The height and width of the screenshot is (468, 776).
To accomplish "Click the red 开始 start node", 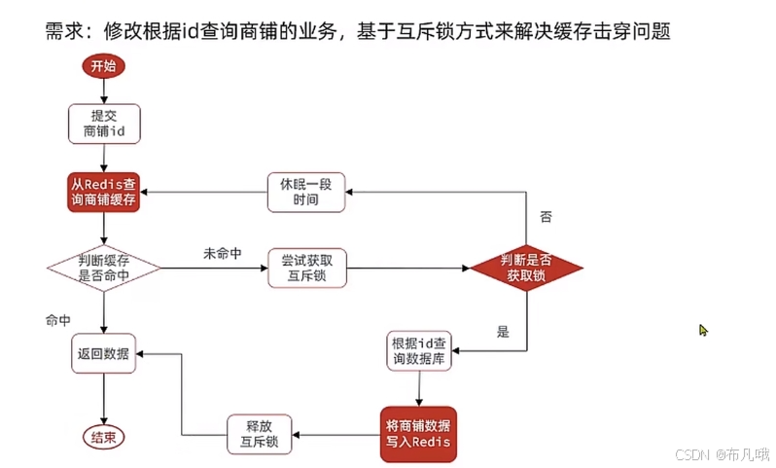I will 102,66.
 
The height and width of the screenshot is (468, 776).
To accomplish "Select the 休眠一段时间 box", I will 307,193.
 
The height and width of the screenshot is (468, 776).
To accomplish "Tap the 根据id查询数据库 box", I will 419,350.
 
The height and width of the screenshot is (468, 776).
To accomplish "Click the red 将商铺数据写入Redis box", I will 418,434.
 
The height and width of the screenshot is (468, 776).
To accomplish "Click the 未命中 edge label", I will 222,253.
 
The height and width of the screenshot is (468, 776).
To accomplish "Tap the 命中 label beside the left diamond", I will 58,319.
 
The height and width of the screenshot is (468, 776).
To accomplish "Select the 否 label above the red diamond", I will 546,217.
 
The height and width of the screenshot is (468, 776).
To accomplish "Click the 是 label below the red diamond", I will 503,332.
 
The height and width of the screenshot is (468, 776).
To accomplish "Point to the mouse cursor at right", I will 703,330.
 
